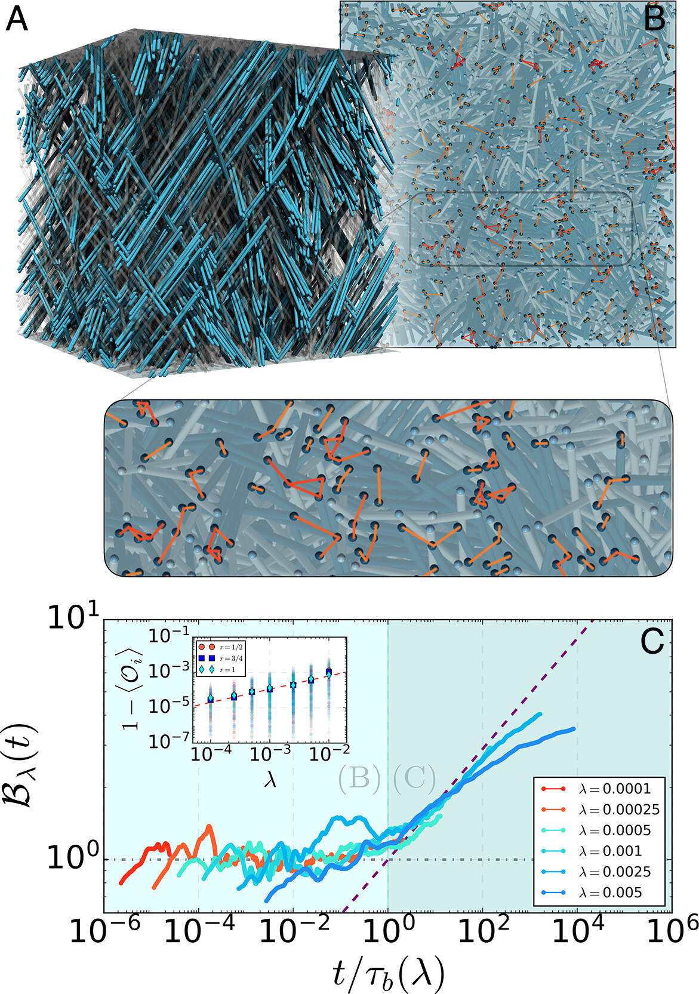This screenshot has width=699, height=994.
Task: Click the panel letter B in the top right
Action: click(x=655, y=19)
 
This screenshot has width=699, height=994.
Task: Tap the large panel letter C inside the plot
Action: click(x=652, y=642)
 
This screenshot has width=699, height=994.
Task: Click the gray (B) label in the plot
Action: click(x=359, y=777)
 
